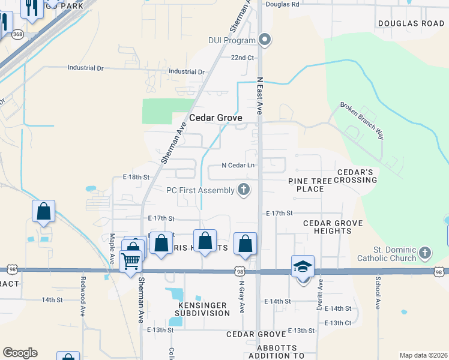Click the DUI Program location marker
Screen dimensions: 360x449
(265, 41)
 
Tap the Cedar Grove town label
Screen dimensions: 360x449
(215, 118)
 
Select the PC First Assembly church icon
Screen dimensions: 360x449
(243, 190)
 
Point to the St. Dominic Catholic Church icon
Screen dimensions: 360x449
(425, 253)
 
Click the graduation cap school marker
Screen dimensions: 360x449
(303, 266)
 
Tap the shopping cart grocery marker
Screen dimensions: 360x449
(130, 262)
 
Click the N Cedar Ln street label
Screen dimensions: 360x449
(238, 165)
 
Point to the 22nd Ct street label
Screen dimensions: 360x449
(243, 58)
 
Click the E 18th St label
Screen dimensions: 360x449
(135, 178)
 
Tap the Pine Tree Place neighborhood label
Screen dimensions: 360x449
(314, 184)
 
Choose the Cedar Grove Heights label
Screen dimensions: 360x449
(333, 227)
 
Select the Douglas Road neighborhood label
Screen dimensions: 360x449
(411, 23)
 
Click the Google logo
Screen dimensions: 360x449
(20, 353)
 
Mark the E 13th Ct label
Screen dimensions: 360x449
(337, 323)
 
